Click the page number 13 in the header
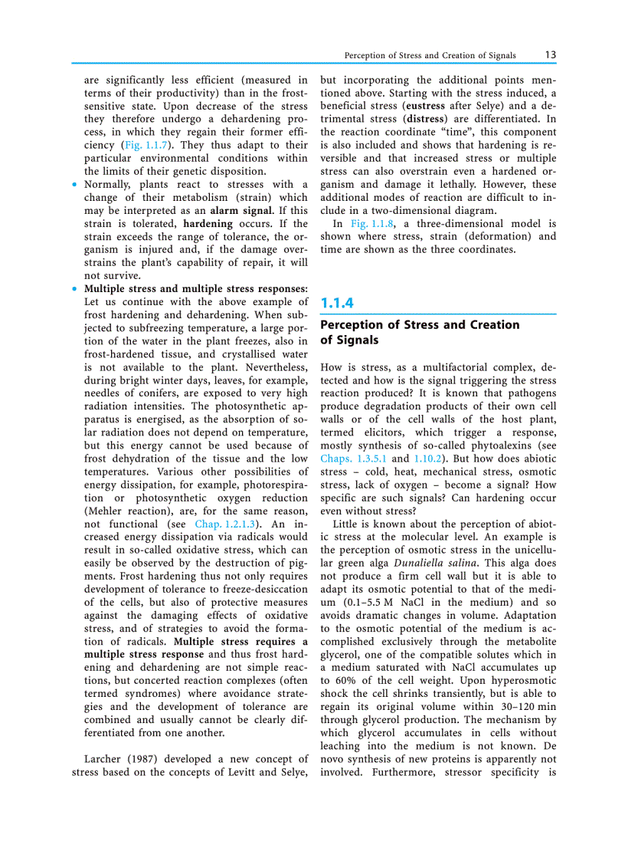(x=551, y=55)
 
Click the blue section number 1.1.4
(x=337, y=303)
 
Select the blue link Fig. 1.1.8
(x=371, y=223)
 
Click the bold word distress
(x=424, y=119)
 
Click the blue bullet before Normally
(x=74, y=185)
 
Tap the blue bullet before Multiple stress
(x=74, y=289)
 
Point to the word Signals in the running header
(x=499, y=56)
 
